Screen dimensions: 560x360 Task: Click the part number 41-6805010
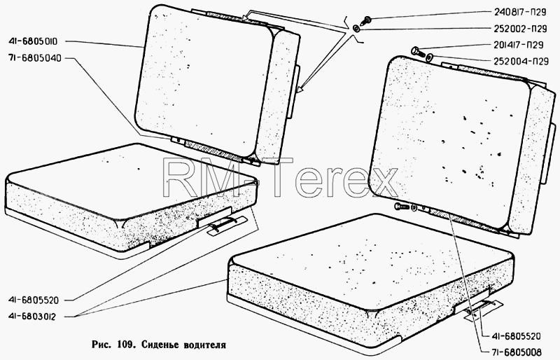[x=32, y=41]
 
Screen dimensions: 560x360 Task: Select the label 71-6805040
[x=34, y=58]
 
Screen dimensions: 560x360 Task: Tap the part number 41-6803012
[x=32, y=317]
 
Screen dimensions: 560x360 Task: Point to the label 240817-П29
[x=520, y=12]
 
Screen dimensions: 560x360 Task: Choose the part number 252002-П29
[x=521, y=29]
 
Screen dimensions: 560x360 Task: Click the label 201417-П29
[x=519, y=45]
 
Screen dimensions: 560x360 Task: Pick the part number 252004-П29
[x=521, y=61]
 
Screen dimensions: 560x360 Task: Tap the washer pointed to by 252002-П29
[x=356, y=29]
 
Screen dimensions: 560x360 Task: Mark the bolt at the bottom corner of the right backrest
[x=401, y=207]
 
